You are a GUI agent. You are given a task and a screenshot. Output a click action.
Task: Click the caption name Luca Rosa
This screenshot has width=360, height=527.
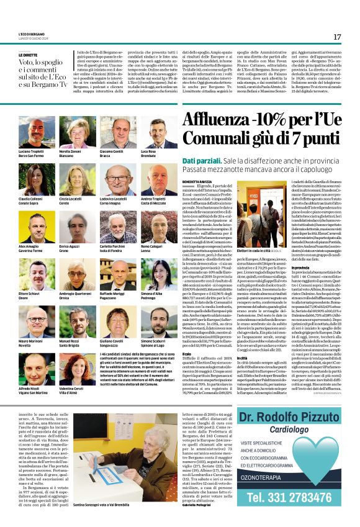tap(148, 151)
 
